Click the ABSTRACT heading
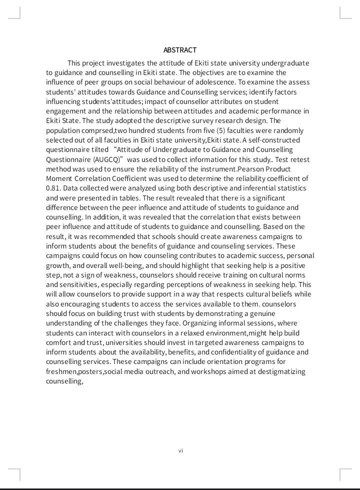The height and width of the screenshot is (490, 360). [180, 50]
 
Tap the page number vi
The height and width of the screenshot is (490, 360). [180, 450]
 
